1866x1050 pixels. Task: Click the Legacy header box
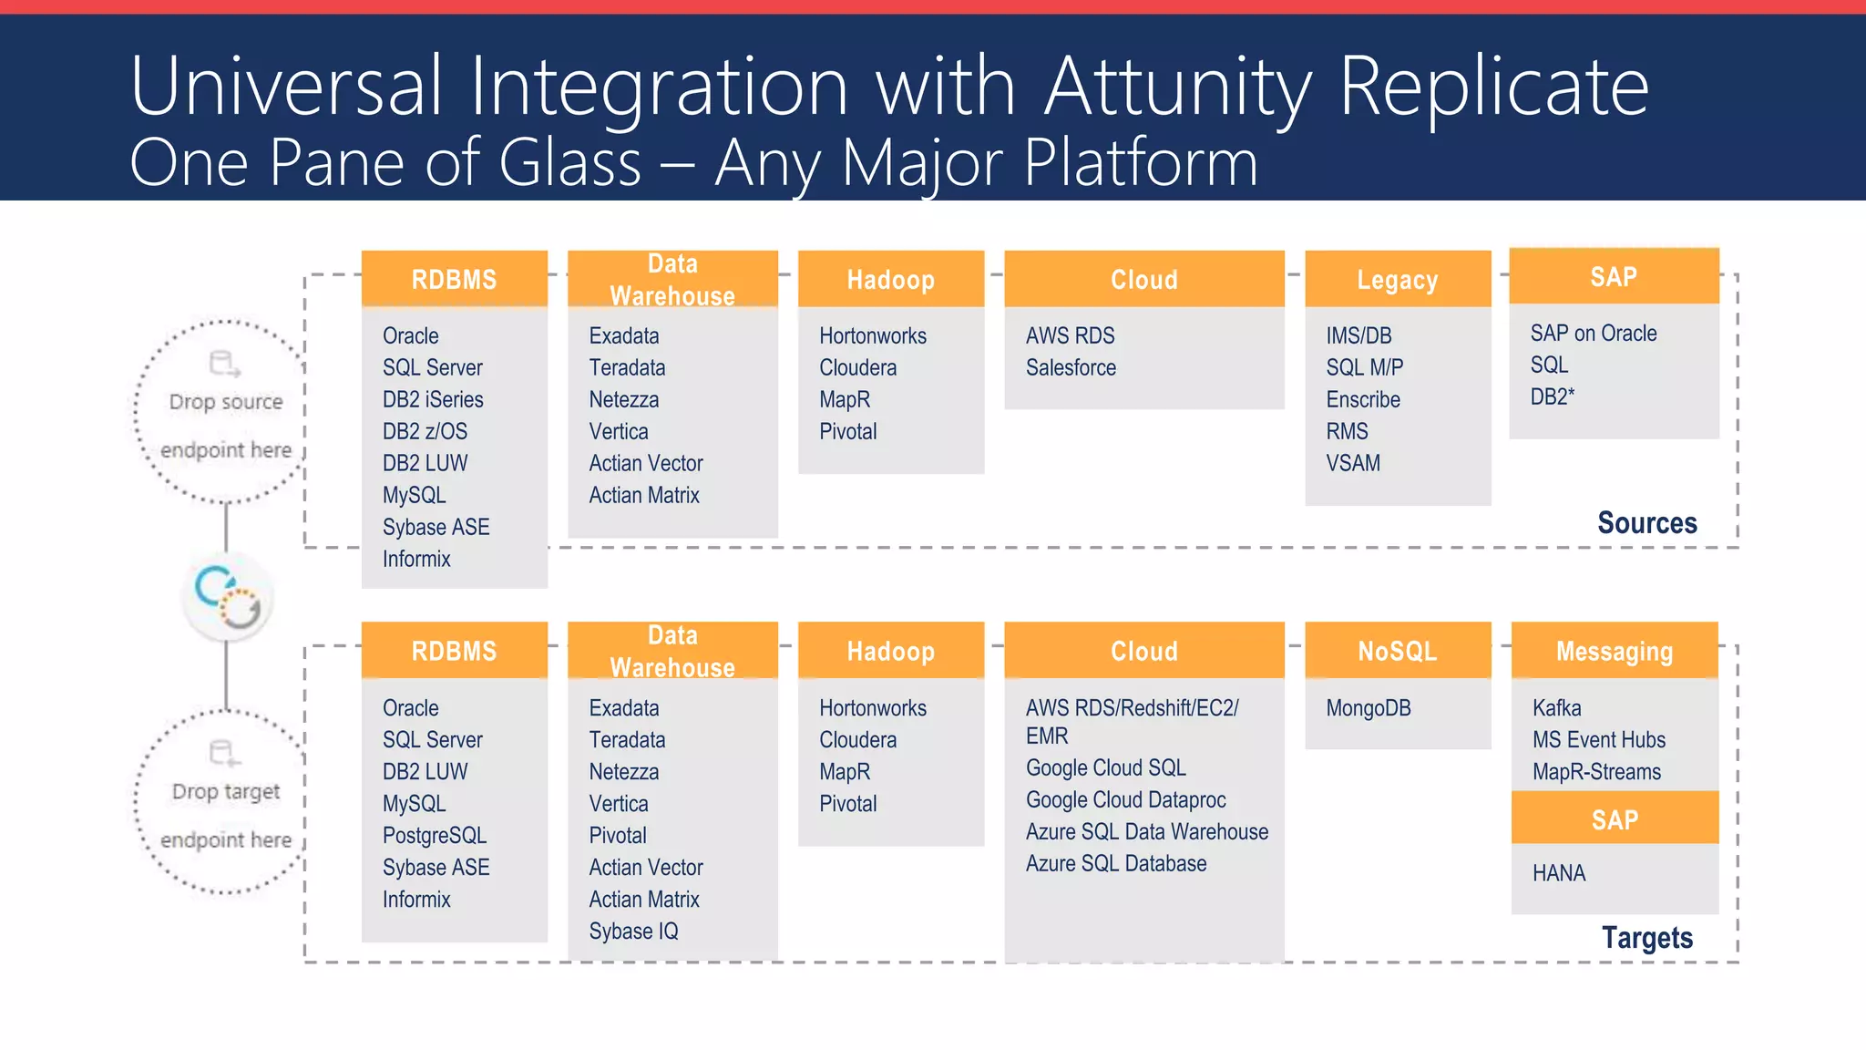point(1397,280)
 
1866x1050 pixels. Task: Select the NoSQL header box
point(1397,651)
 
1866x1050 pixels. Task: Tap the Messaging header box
point(1614,651)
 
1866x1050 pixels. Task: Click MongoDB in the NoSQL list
point(1368,708)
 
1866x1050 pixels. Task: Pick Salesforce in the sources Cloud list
point(1071,367)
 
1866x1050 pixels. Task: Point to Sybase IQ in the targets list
point(633,932)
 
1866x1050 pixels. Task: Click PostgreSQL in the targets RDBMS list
point(435,836)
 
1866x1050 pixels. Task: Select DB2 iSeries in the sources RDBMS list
point(433,399)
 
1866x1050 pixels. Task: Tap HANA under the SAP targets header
point(1559,873)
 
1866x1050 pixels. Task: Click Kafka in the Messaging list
point(1556,708)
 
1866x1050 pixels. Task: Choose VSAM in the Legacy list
point(1353,463)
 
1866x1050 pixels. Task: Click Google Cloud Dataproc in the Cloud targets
point(1125,800)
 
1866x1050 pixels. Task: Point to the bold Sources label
point(1646,523)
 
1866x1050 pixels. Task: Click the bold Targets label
point(1646,938)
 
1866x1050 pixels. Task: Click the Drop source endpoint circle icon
point(225,364)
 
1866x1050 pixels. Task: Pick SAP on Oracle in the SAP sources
point(1593,334)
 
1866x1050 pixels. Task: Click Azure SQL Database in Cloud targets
point(1115,864)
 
